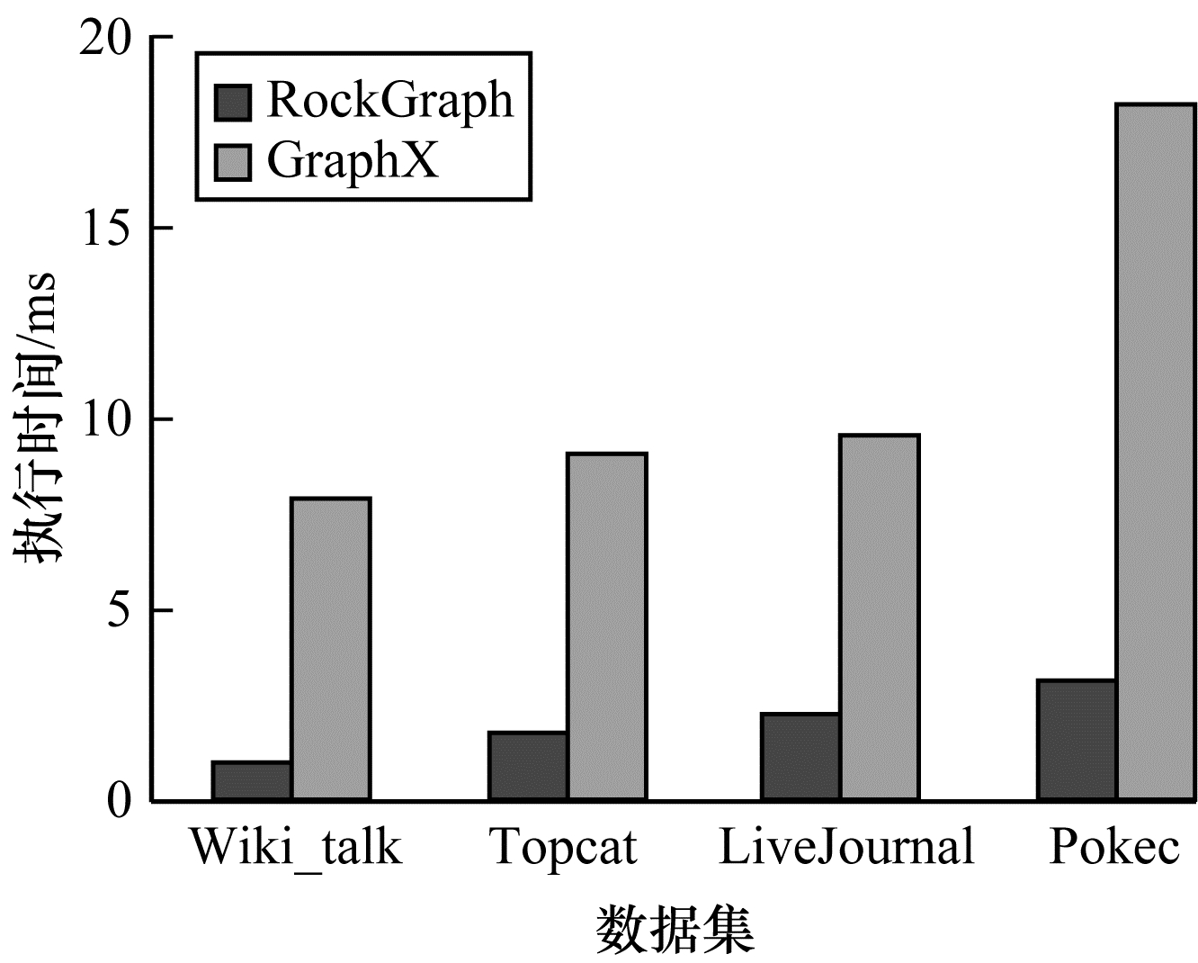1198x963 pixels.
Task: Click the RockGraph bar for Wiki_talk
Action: (251, 781)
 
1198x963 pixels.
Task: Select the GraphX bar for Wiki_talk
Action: (330, 649)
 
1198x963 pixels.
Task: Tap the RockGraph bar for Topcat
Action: (528, 766)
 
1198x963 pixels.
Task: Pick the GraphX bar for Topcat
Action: (606, 626)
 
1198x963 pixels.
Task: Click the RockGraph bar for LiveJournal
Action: (800, 757)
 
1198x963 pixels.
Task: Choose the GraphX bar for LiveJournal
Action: (879, 617)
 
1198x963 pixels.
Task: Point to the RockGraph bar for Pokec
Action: (1076, 740)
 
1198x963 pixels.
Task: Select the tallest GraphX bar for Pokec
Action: (1155, 452)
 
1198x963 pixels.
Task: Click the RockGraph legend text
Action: (389, 100)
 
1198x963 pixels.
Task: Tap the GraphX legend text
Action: (353, 161)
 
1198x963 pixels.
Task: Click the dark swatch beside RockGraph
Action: (233, 102)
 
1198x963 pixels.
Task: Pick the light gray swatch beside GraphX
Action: (233, 162)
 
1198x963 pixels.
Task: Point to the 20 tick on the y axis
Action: (104, 38)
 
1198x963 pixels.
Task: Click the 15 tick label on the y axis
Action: (104, 229)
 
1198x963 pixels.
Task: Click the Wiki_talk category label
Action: (295, 848)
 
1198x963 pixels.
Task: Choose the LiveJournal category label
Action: (846, 846)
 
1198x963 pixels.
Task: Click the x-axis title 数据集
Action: (675, 930)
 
